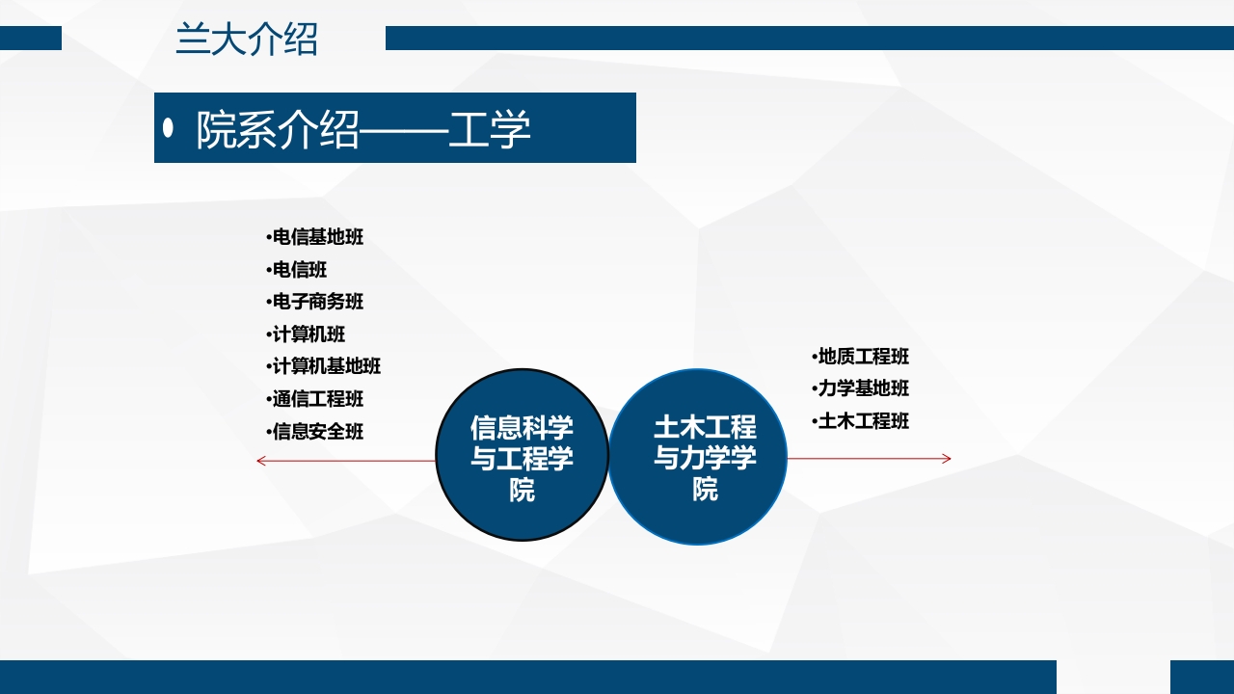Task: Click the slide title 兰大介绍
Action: [x=247, y=40]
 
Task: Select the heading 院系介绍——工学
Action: [x=363, y=130]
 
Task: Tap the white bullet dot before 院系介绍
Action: [x=169, y=128]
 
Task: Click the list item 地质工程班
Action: [x=863, y=357]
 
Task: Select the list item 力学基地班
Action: [x=863, y=388]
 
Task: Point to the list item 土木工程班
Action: [x=863, y=421]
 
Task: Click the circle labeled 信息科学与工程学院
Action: [x=522, y=455]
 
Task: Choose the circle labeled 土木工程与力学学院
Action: [x=699, y=457]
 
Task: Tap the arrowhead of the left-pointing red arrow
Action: [x=260, y=461]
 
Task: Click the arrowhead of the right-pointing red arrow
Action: [x=947, y=459]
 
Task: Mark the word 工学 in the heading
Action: [x=490, y=130]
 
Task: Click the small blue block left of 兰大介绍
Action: [x=31, y=38]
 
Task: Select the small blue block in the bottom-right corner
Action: [x=1201, y=677]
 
